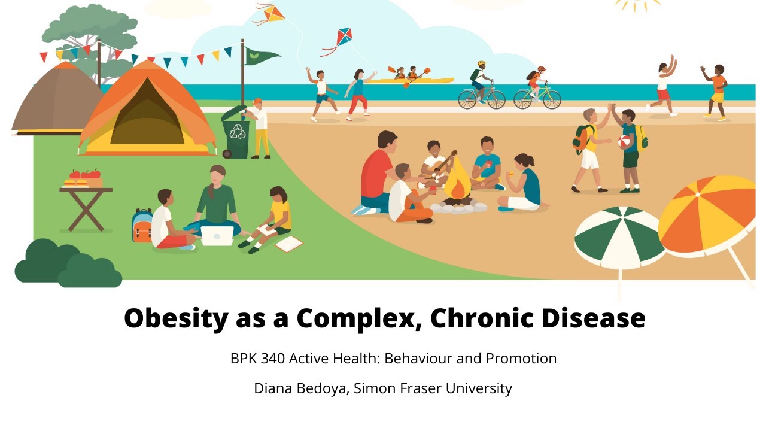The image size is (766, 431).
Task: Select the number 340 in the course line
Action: click(273, 359)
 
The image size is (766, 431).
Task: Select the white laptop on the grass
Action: click(217, 236)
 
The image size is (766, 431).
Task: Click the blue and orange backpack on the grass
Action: click(142, 225)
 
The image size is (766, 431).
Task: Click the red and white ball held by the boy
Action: click(624, 141)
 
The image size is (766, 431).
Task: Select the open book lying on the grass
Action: click(289, 244)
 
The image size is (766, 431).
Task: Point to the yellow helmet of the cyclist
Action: click(481, 63)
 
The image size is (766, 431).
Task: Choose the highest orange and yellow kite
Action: click(273, 13)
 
